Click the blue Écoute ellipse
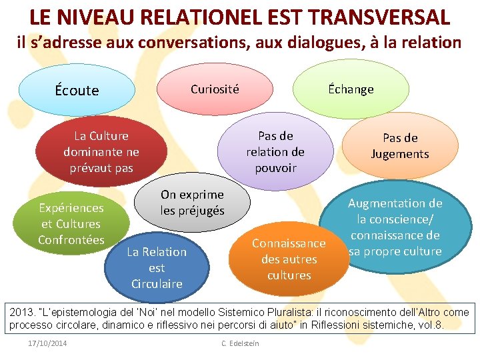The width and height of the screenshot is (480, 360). point(77,90)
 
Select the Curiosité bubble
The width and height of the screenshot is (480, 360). point(215,89)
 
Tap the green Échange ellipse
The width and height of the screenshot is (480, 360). point(351,89)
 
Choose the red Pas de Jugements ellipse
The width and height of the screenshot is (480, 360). point(400,146)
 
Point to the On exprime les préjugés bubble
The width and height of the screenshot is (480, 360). point(192,203)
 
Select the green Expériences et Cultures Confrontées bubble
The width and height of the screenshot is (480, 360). point(70,224)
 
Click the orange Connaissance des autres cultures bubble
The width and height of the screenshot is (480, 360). point(289,259)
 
